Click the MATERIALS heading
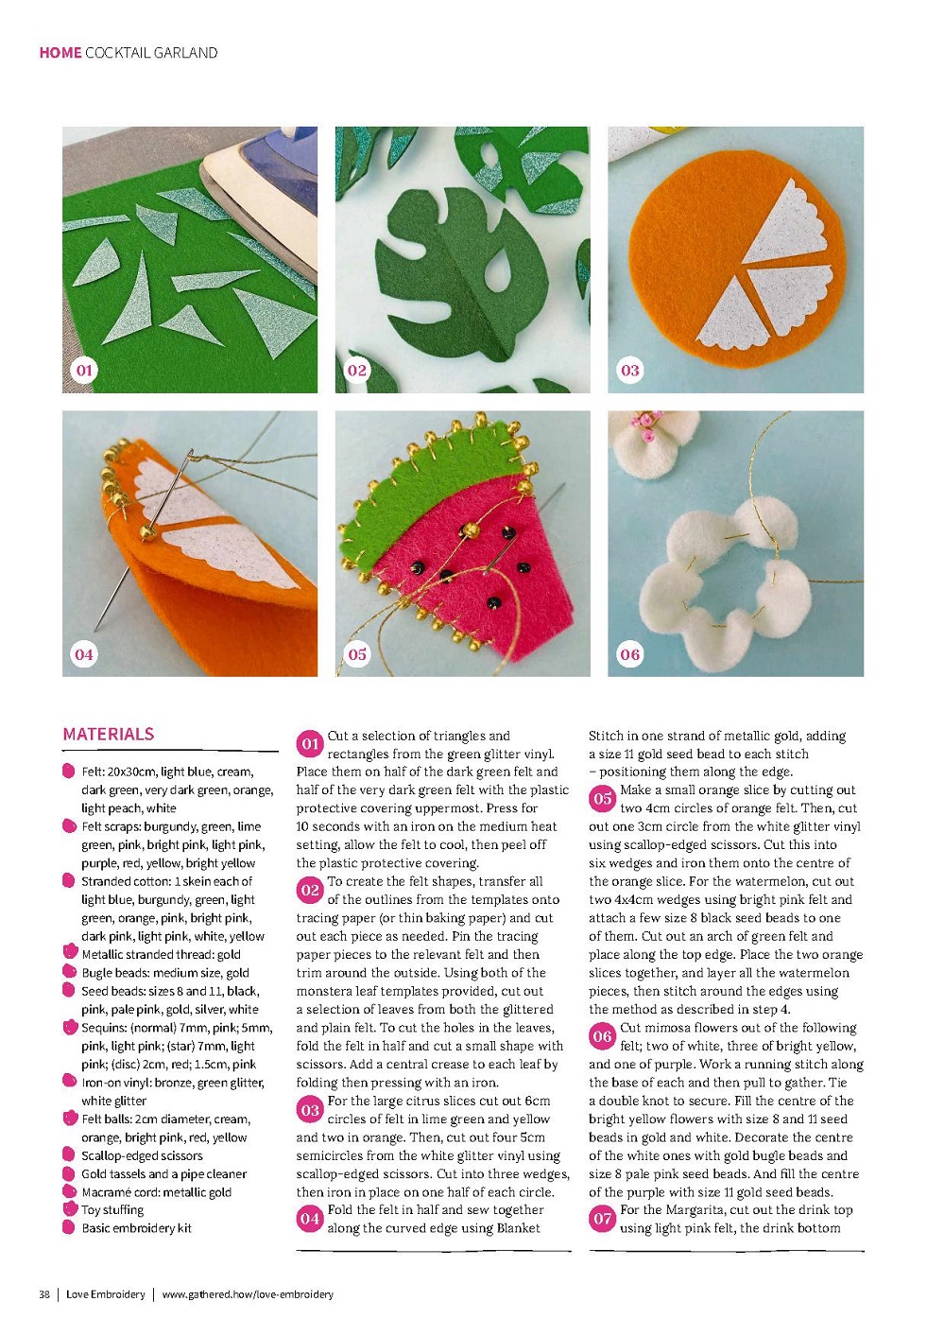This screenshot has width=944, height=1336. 109,734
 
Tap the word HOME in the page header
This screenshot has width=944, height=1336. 60,53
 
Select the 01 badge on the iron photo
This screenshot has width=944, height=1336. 84,371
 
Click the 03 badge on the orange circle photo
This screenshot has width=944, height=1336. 630,371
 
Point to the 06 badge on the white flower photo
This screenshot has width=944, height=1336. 630,654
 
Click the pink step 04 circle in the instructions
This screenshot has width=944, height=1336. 310,1218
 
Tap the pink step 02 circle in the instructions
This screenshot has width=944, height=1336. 310,890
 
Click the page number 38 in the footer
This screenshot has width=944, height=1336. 44,1294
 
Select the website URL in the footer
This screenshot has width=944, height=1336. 248,1294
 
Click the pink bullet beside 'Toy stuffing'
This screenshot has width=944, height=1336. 70,1209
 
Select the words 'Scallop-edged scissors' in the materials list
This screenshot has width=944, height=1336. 142,1155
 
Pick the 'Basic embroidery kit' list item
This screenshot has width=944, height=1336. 136,1228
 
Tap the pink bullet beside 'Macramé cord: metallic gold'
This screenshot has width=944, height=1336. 69,1191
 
